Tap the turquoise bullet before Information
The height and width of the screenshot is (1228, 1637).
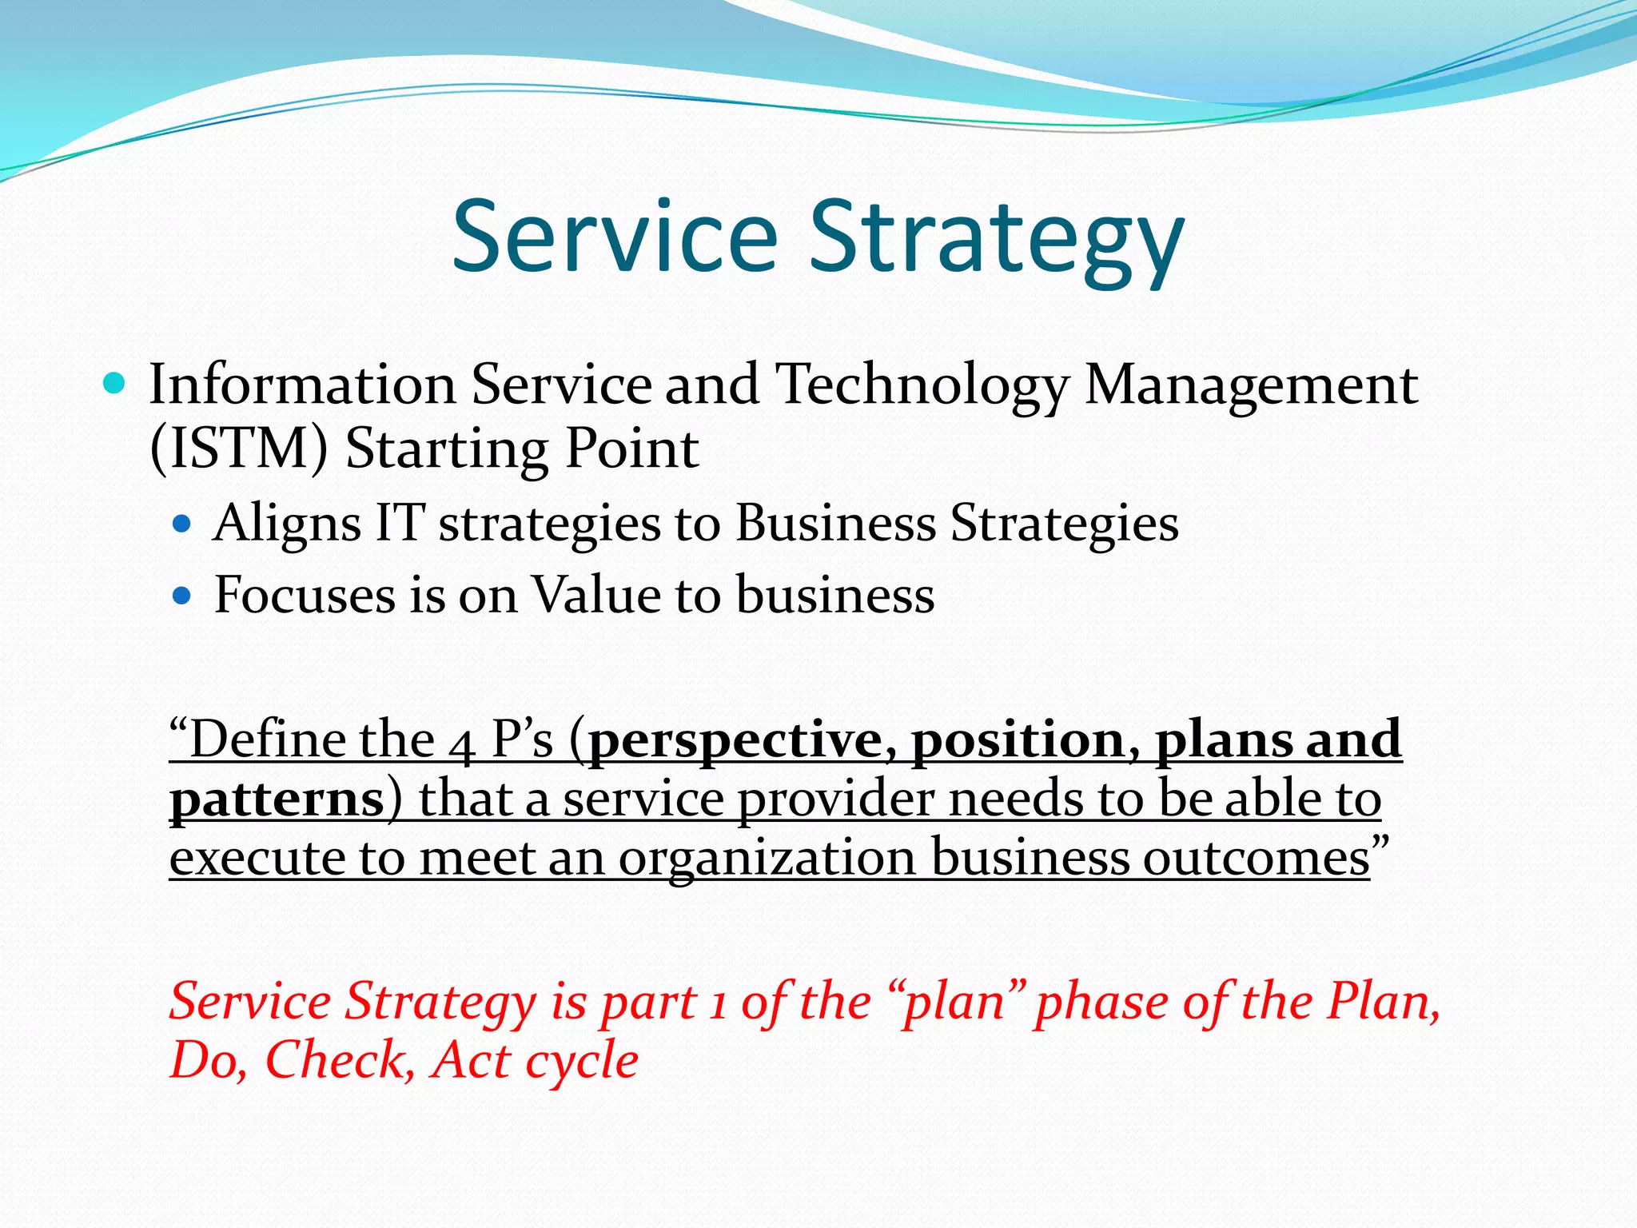coord(115,385)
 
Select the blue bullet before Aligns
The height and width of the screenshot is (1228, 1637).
coord(183,524)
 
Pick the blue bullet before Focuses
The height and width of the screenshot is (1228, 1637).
coord(183,596)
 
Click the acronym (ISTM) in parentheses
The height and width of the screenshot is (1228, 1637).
coord(239,449)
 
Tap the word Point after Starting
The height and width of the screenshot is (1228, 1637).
coord(632,449)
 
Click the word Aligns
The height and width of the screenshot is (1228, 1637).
coord(286,524)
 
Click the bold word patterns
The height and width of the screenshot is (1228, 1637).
coord(277,800)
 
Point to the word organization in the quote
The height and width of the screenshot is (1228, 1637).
coord(767,860)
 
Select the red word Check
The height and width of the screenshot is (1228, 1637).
coord(340,1062)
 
